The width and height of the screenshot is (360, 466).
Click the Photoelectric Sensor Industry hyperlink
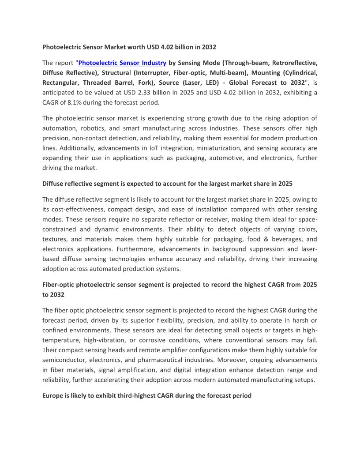(122, 63)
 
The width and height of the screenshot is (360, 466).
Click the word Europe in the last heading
(53, 396)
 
